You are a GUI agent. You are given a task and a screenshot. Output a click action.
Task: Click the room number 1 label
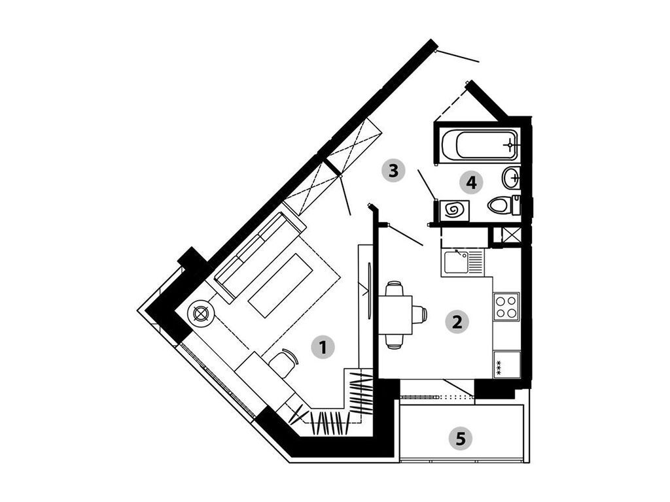point(323,347)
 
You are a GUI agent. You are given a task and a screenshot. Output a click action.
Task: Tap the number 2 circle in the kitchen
point(457,322)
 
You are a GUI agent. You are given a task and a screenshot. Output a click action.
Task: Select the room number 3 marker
point(393,171)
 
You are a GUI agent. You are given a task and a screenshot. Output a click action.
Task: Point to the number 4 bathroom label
point(471,183)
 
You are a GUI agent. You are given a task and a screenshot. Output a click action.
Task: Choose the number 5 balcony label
point(460,438)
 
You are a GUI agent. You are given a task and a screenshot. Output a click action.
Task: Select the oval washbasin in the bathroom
point(510,178)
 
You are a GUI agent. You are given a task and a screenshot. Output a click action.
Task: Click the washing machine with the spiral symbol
point(454,210)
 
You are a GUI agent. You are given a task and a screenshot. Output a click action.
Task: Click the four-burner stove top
point(506,307)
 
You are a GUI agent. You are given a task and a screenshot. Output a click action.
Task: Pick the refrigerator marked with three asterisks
point(507,364)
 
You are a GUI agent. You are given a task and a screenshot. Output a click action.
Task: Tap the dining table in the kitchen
point(396,315)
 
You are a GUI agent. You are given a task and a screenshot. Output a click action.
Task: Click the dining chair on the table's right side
point(419,315)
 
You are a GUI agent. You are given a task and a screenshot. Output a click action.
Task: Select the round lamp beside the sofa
point(200,313)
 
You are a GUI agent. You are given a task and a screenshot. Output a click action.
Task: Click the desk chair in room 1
point(283,362)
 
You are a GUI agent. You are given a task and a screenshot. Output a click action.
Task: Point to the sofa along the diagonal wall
point(259,258)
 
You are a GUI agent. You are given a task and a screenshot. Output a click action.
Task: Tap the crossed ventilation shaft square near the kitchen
point(512,235)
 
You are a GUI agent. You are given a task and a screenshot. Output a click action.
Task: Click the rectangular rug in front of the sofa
point(280,285)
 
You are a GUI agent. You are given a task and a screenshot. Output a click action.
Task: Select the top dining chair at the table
point(394,288)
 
